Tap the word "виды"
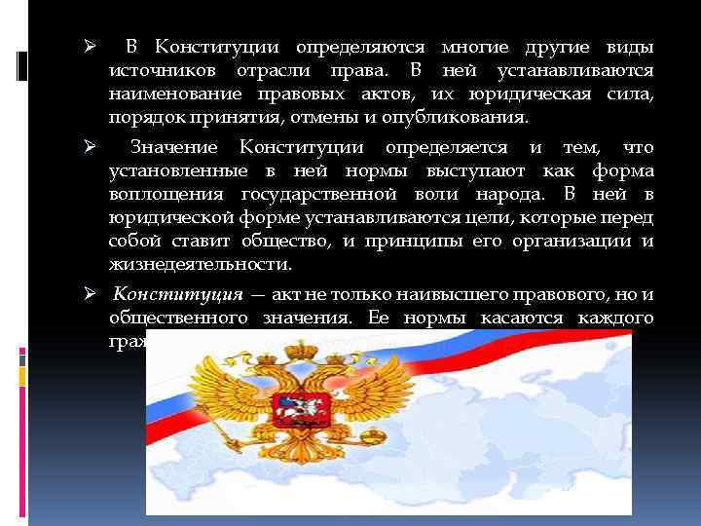[x=629, y=47]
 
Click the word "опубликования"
[x=469, y=118]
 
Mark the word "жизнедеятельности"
[x=200, y=264]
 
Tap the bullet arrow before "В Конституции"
[x=87, y=47]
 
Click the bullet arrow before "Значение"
[x=87, y=147]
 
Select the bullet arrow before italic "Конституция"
[x=87, y=293]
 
